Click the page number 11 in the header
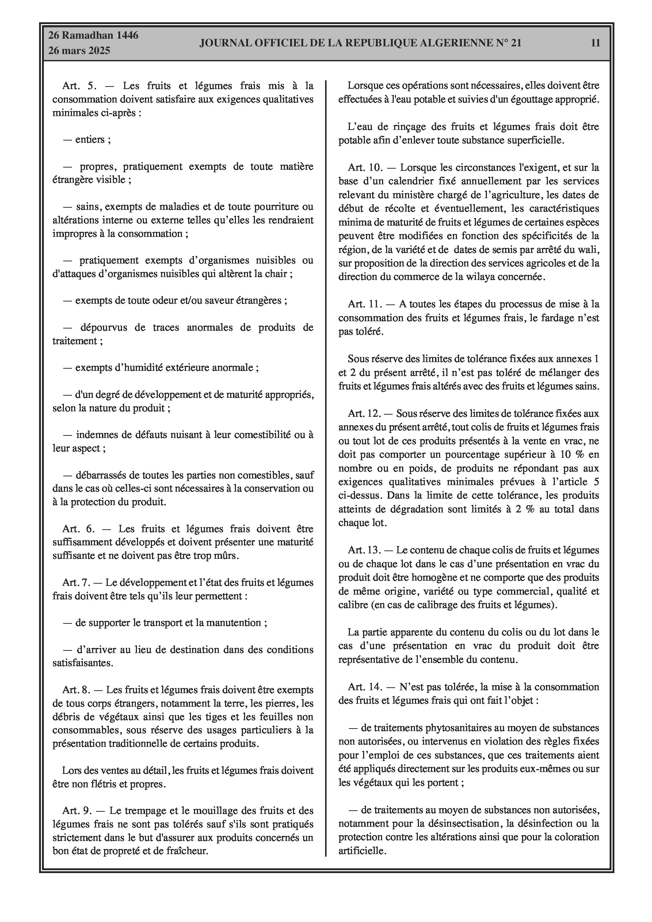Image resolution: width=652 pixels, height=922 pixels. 595,43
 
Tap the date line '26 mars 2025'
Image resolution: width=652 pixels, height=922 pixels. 79,51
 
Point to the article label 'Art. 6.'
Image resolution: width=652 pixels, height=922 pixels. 78,529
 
